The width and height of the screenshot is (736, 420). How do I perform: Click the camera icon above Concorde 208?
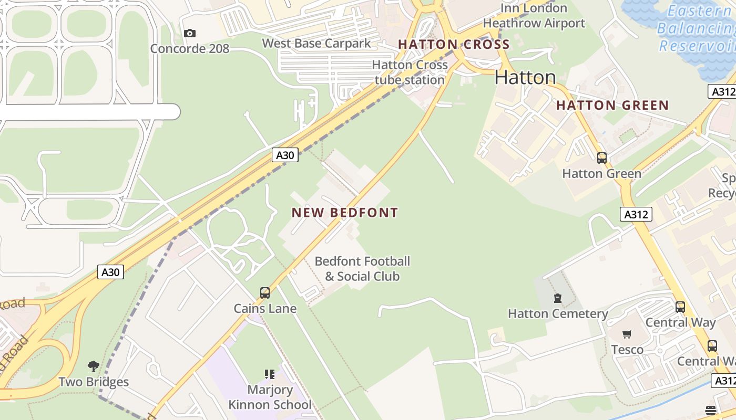point(190,34)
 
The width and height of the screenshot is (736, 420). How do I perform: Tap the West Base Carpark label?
point(316,44)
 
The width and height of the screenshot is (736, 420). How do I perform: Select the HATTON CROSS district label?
point(454,45)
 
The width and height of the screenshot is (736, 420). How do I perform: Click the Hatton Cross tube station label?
point(410,72)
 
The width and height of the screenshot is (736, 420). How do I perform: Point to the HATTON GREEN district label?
point(612,106)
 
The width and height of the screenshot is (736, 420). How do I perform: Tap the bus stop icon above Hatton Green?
point(602,157)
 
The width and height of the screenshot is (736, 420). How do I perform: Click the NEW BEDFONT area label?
point(345,213)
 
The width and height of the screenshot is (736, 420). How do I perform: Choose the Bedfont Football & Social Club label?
point(362,269)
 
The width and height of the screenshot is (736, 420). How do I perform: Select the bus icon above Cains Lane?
point(265,293)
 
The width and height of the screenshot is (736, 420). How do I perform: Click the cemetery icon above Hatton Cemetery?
point(558,299)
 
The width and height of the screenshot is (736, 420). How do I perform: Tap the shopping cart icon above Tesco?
point(627,334)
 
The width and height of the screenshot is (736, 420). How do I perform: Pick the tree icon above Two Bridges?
point(94,366)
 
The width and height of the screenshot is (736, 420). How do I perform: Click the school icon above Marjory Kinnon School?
point(270,374)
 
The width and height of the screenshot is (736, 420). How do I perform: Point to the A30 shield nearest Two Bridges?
point(111,272)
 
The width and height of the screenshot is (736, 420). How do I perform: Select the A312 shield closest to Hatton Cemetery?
point(636,214)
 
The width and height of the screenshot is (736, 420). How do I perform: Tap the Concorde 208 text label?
point(190,49)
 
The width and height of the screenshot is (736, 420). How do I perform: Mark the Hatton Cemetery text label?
point(558,314)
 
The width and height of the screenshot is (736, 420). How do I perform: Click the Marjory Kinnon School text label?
point(270,397)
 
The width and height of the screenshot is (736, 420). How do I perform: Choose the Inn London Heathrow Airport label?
point(534,16)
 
